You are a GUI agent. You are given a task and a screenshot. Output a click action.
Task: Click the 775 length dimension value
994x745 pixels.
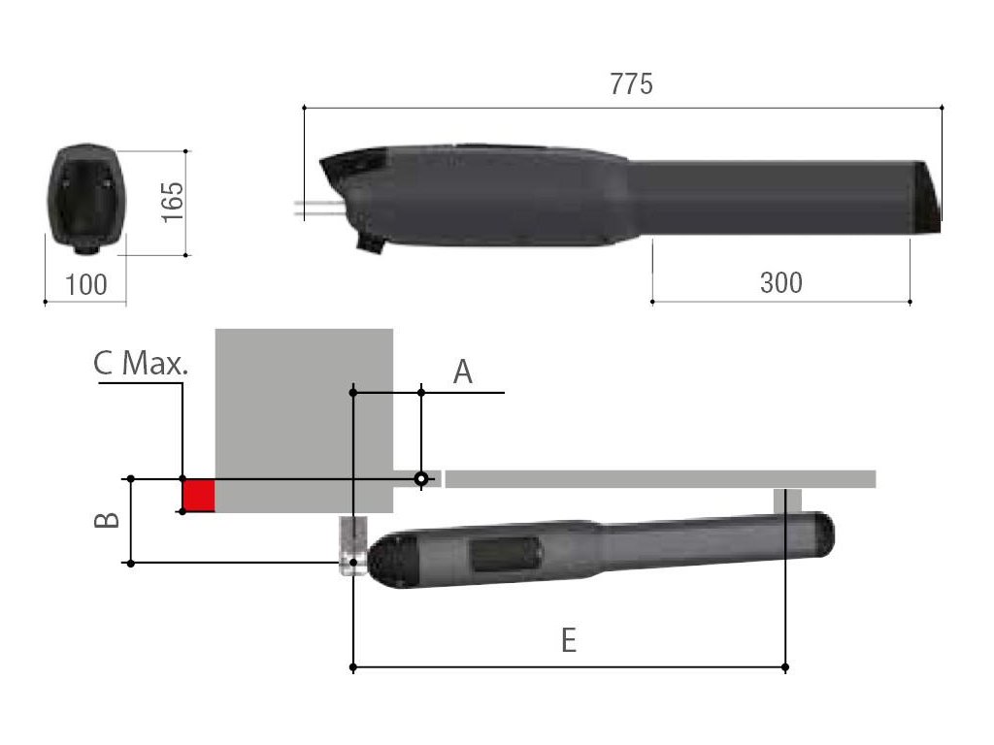631,84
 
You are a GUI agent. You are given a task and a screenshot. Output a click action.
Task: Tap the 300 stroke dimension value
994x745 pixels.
781,282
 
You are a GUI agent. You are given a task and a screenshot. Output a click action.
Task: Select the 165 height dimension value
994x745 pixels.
173,202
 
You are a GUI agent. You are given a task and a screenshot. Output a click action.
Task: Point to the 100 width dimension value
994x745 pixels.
86,285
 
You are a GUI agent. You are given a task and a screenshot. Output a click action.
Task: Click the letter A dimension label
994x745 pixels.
463,372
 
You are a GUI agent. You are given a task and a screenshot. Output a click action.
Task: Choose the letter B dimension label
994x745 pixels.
107,520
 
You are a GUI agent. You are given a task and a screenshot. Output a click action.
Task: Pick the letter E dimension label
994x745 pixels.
569,640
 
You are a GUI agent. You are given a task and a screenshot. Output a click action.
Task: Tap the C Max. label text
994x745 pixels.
141,364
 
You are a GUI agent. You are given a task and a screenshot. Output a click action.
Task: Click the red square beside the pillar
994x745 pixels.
199,496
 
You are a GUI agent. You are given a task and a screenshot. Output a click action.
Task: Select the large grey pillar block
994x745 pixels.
304,421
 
